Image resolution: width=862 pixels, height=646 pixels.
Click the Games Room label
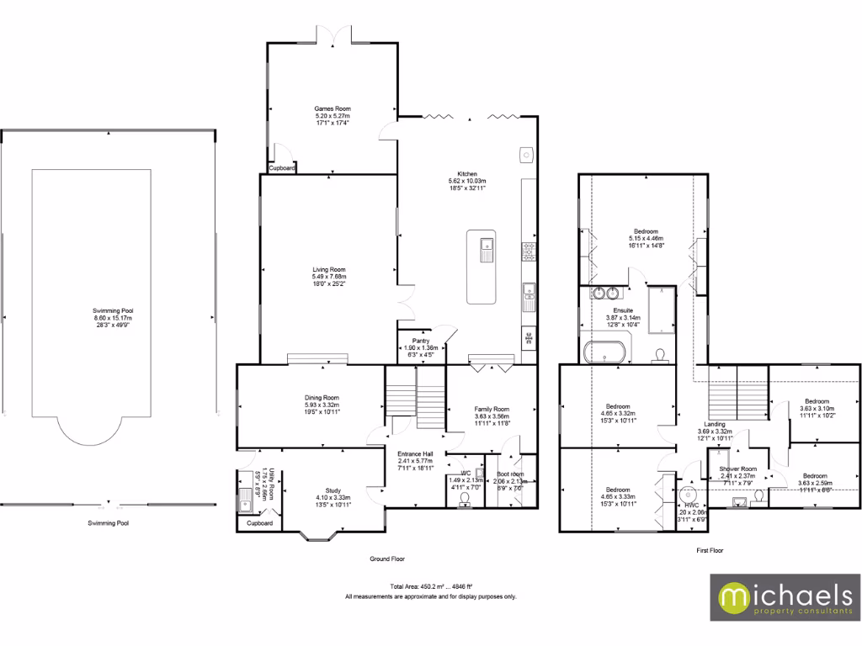[332, 109]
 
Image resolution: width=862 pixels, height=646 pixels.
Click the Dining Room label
[322, 397]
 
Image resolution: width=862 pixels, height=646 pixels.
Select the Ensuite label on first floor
[623, 310]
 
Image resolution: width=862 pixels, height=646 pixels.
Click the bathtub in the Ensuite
[604, 352]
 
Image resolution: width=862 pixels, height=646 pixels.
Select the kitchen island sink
[486, 250]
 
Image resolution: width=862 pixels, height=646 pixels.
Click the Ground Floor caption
[388, 559]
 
